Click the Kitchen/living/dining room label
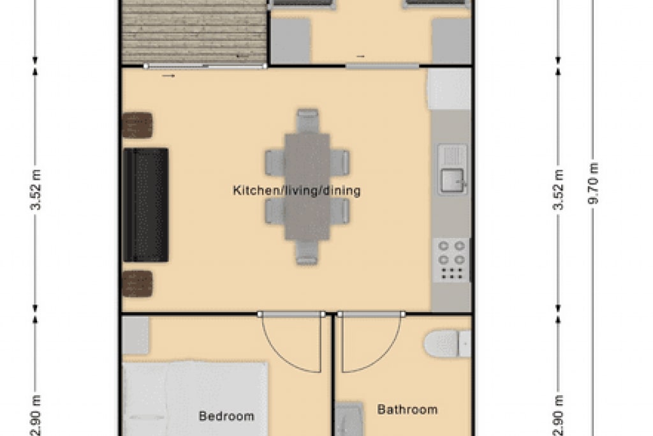pyautogui.click(x=297, y=190)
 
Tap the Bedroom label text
pyautogui.click(x=226, y=416)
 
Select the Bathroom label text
pyautogui.click(x=407, y=409)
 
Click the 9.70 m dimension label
pyautogui.click(x=593, y=183)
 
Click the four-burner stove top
pyautogui.click(x=451, y=259)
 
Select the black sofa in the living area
pyautogui.click(x=146, y=205)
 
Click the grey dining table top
pyautogui.click(x=307, y=187)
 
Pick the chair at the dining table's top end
pyautogui.click(x=308, y=121)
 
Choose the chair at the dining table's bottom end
pyautogui.click(x=307, y=253)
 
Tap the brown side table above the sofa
pyautogui.click(x=138, y=125)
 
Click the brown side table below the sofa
pyautogui.click(x=138, y=283)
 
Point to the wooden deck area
pyautogui.click(x=194, y=32)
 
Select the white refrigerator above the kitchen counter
pyautogui.click(x=449, y=89)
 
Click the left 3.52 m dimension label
pyautogui.click(x=36, y=190)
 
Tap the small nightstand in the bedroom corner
pyautogui.click(x=135, y=335)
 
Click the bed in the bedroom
pyautogui.click(x=195, y=399)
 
